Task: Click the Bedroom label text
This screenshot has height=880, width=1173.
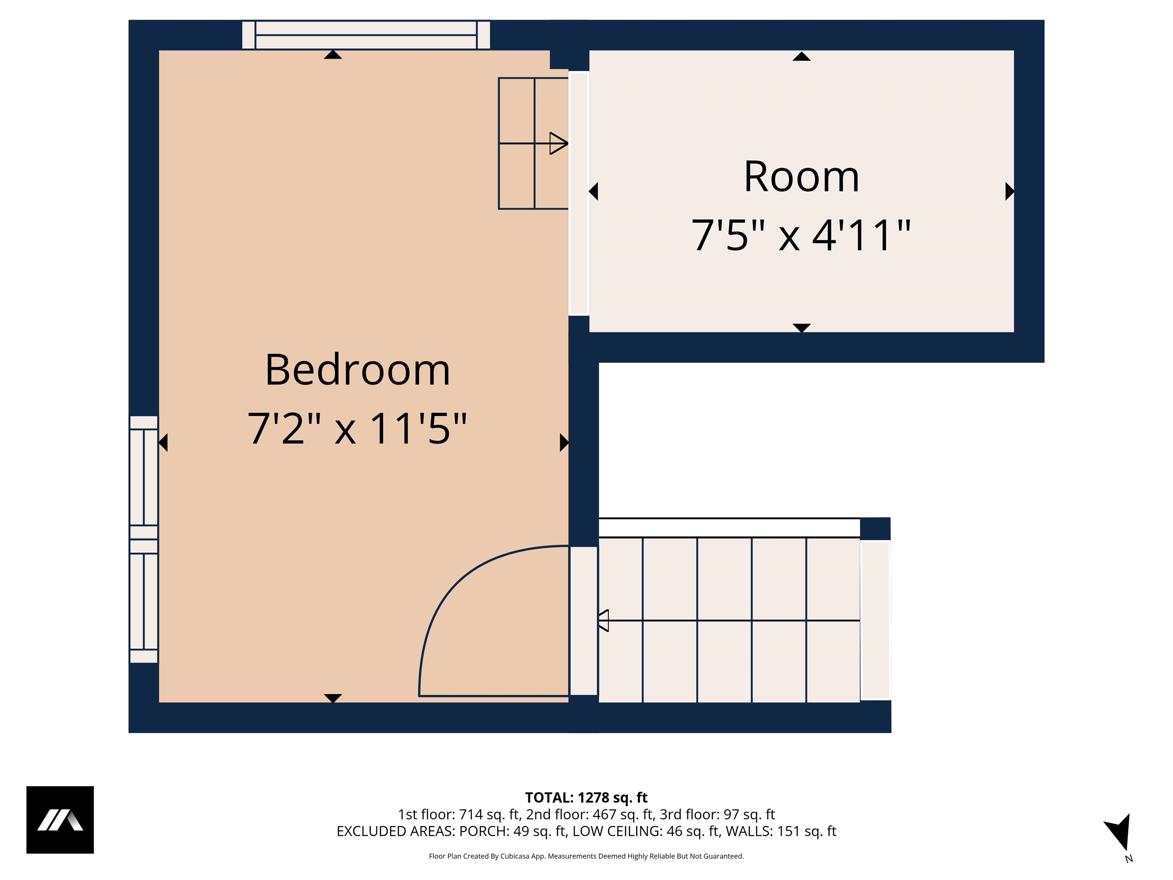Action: [x=357, y=370]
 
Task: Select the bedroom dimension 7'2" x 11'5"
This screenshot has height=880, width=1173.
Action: [x=357, y=428]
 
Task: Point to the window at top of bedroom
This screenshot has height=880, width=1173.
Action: [x=366, y=35]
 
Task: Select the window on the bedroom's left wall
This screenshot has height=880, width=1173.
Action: [x=144, y=539]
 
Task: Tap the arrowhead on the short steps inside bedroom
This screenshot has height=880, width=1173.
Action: [x=558, y=143]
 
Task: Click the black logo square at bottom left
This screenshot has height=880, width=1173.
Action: [x=60, y=820]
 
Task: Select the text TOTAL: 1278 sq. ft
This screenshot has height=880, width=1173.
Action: [x=586, y=797]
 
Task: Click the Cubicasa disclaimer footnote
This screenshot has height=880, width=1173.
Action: [x=586, y=856]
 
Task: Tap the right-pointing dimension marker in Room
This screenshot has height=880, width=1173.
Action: [x=1009, y=191]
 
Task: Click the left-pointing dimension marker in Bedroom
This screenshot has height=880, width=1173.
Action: [x=163, y=442]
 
